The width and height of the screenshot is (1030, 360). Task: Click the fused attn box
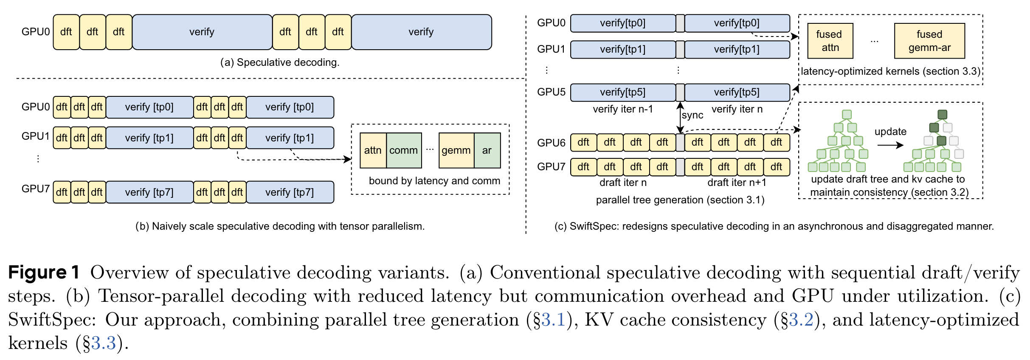830,41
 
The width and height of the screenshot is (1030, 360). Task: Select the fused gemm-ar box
929,41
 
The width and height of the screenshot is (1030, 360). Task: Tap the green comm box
404,150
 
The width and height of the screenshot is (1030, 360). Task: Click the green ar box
487,150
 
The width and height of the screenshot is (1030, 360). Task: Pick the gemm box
456,150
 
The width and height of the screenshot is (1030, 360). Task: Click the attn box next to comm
373,150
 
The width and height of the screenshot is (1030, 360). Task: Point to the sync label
692,115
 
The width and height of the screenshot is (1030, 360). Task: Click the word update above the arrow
890,132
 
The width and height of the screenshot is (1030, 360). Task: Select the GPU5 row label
551,92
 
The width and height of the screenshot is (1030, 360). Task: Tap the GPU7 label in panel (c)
551,166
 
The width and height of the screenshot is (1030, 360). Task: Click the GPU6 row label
551,143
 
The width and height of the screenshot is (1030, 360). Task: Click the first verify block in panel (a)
202,32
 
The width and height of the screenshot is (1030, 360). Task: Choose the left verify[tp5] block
622,92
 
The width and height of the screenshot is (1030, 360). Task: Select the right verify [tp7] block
290,192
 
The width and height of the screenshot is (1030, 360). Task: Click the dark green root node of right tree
942,115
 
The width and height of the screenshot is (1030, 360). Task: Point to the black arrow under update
890,145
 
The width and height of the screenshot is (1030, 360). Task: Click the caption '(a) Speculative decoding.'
279,62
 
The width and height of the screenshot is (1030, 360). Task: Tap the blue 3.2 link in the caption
801,320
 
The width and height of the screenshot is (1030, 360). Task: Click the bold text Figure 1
44,273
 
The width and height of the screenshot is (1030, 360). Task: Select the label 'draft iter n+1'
737,183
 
